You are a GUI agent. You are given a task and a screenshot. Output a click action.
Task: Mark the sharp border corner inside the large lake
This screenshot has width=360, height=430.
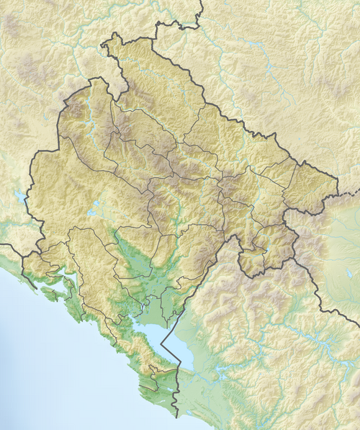(x=167, y=345)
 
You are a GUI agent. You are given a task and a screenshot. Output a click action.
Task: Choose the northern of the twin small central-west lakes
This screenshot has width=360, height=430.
(x=94, y=205)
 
